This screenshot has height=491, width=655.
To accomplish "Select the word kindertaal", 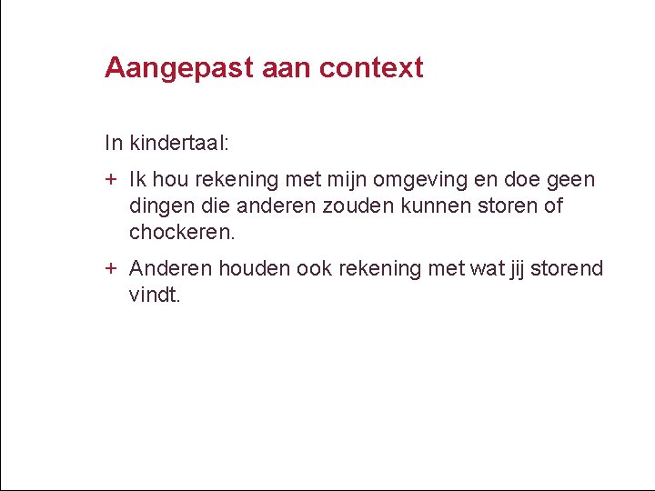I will (x=180, y=144).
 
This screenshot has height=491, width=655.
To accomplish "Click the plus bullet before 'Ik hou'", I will (x=110, y=179).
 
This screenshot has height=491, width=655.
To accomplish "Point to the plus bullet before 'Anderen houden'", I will (x=110, y=269).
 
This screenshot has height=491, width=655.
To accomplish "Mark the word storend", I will (x=567, y=269).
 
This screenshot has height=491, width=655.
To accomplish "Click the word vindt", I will (x=155, y=295).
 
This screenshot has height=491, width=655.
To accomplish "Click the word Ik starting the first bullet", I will (x=138, y=179).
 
